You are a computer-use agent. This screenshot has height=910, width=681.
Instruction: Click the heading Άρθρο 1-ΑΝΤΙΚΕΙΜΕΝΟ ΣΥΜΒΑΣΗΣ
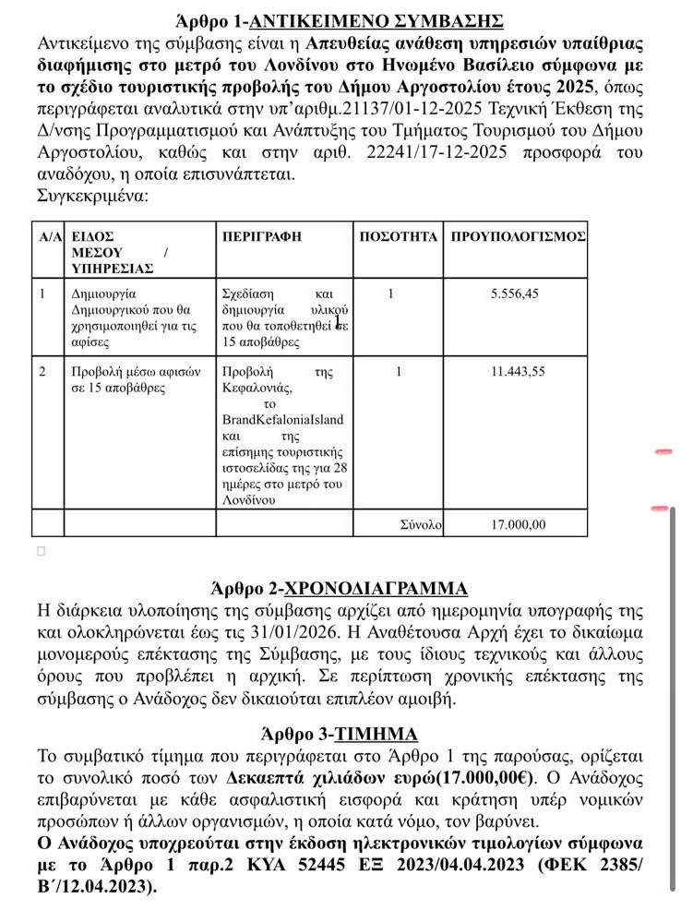click(x=340, y=19)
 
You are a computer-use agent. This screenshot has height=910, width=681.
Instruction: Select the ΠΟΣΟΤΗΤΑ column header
click(x=397, y=237)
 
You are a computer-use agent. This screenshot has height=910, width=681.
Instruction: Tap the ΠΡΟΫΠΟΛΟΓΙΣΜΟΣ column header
click(x=518, y=237)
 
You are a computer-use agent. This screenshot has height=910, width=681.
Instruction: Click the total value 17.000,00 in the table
click(x=519, y=524)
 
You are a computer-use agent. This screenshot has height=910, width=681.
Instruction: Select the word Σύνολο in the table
click(x=421, y=524)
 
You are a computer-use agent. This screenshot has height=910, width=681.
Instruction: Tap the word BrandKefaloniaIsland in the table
click(x=282, y=419)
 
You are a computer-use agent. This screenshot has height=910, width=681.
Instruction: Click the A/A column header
click(x=50, y=237)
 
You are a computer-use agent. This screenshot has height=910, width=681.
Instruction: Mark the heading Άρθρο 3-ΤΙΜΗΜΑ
click(x=340, y=734)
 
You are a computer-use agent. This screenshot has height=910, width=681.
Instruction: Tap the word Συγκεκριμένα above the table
click(x=91, y=195)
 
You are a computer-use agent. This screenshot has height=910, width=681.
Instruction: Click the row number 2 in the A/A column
click(x=42, y=372)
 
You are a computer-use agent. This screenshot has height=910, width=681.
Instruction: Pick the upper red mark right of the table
click(x=663, y=452)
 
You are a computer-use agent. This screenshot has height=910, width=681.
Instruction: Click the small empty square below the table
click(x=41, y=551)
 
